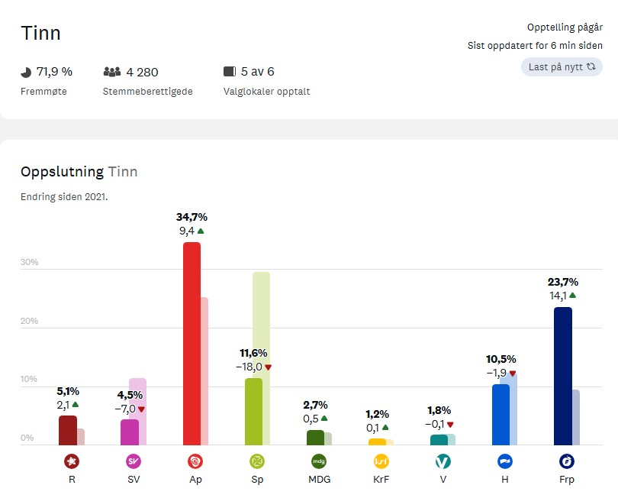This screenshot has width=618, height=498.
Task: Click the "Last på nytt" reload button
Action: [x=562, y=67]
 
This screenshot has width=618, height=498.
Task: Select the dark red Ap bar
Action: [x=192, y=344]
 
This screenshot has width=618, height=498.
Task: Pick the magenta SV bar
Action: [x=130, y=432]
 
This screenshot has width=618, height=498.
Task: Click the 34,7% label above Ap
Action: [x=192, y=217]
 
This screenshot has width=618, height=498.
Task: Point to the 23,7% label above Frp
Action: [x=562, y=282]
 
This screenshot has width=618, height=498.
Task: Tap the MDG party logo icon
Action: [x=318, y=461]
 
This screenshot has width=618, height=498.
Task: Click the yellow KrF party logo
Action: [x=381, y=461]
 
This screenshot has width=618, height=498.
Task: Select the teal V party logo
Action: [x=442, y=461]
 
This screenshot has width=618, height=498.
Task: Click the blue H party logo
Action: [x=504, y=461]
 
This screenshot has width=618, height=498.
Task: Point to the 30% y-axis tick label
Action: [x=29, y=263]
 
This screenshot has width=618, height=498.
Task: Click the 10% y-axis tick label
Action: [x=29, y=380]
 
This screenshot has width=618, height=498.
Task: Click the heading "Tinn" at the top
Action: [x=40, y=34]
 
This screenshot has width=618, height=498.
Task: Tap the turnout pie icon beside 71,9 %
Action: [x=26, y=72]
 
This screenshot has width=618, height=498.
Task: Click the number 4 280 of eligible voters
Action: [x=142, y=72]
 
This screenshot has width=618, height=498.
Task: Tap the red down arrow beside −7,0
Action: [x=141, y=409]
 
